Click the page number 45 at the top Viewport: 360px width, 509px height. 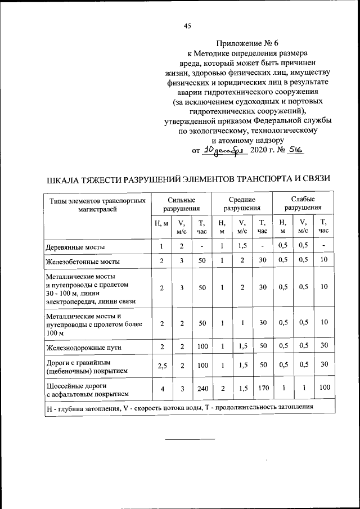pos(188,25)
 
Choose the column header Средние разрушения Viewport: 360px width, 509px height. pos(241,204)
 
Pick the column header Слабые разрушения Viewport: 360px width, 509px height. pos(303,204)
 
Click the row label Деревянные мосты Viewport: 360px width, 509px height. pos(75,247)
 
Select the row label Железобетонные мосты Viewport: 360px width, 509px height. pos(82,262)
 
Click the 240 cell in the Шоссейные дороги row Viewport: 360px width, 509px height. pos(202,388)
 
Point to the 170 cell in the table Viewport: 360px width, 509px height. pos(262,388)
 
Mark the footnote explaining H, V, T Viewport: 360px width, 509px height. pos(179,407)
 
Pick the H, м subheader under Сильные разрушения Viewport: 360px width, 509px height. pos(161,224)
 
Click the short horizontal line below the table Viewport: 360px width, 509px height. pos(190,438)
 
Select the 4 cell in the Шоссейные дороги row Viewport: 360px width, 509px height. pos(162,388)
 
